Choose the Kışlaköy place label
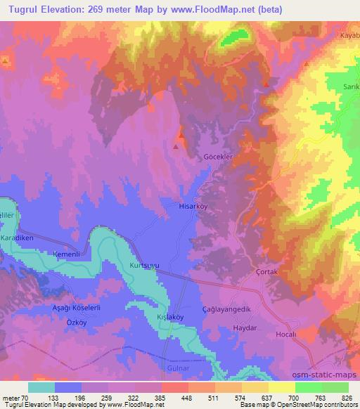[169, 317]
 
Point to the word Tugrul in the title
[18, 6]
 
